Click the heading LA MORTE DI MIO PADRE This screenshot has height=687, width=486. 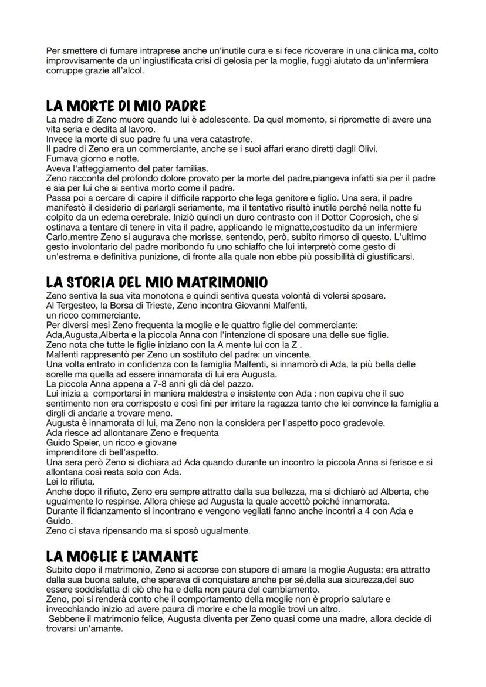click(x=126, y=107)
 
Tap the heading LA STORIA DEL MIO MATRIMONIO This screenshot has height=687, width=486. click(x=157, y=282)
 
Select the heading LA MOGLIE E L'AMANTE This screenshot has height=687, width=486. click(x=122, y=556)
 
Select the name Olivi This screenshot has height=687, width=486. click(x=364, y=149)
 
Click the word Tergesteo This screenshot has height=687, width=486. click(x=76, y=305)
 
